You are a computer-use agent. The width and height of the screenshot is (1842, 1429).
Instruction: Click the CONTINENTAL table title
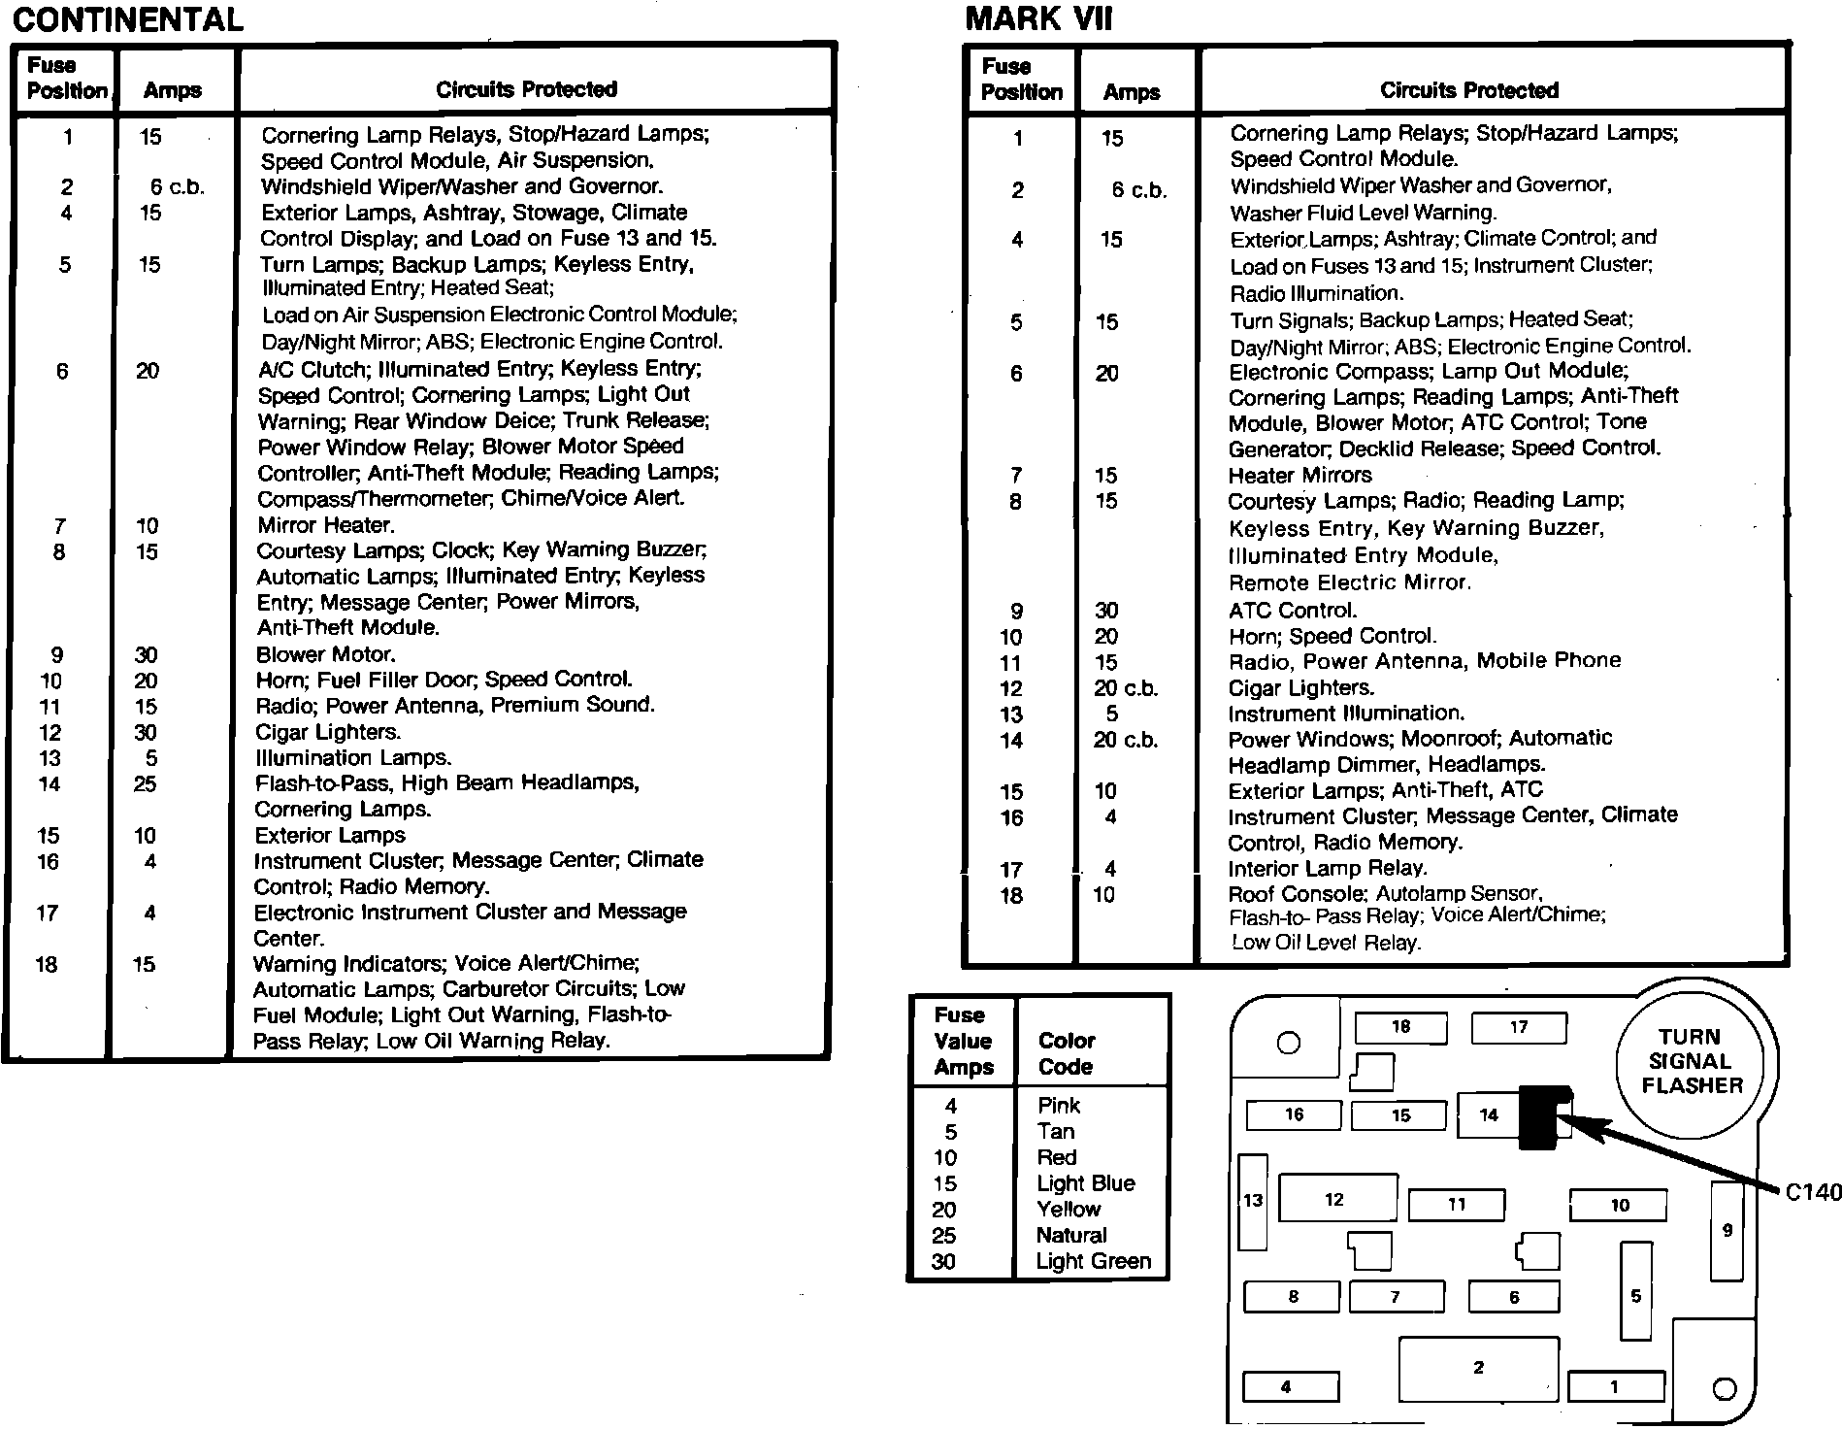(128, 20)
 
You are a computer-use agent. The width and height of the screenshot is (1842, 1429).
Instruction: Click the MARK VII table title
(1038, 19)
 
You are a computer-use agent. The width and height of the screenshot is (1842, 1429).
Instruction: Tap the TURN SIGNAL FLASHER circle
(1693, 1061)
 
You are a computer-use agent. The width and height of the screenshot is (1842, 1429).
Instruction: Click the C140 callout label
(1812, 1192)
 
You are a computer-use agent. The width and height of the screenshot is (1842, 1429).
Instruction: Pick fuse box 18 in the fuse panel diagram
(1400, 1027)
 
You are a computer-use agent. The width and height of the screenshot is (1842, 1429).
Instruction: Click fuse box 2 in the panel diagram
(1478, 1369)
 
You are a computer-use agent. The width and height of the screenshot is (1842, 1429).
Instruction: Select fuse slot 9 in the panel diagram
(1727, 1231)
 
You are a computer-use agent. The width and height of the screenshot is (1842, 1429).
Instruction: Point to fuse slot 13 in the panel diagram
(1253, 1202)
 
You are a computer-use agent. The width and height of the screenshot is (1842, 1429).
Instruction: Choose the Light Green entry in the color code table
(1093, 1261)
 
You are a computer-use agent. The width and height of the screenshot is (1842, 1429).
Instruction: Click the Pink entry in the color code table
(1058, 1106)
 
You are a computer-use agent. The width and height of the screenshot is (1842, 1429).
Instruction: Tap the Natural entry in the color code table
(1070, 1236)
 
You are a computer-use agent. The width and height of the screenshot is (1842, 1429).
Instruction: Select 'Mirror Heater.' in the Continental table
(326, 526)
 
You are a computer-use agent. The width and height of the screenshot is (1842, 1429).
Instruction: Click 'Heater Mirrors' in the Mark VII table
(1299, 476)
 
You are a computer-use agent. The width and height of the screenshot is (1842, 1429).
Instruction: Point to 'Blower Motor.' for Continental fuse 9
(326, 655)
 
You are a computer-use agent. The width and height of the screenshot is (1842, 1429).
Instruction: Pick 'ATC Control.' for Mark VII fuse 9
(1293, 612)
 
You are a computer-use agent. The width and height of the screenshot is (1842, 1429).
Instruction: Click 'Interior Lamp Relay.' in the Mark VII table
(1327, 870)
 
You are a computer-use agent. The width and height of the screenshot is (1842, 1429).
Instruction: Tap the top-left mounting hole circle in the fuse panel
(1289, 1044)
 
